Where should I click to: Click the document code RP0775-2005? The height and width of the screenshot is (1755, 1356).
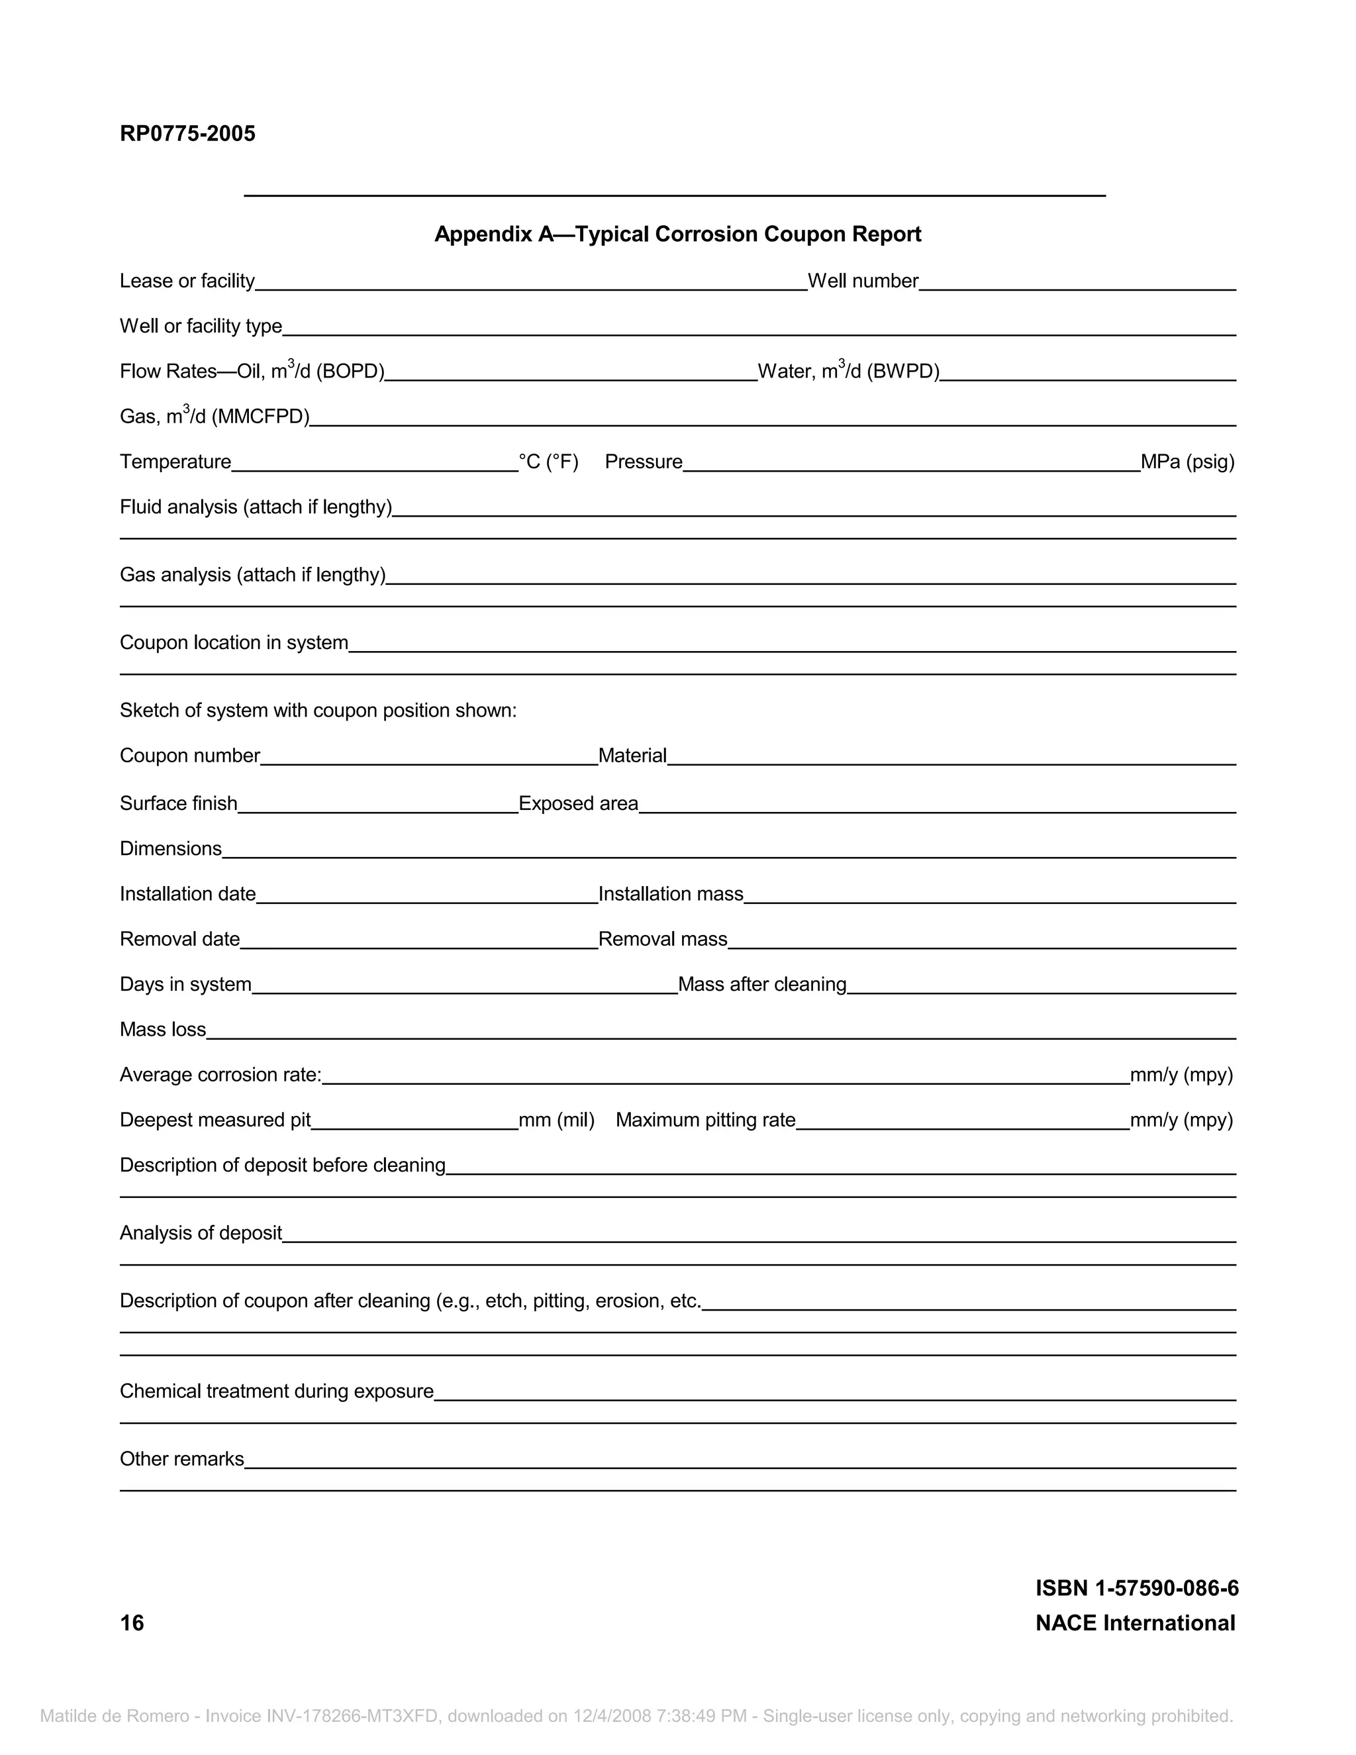pyautogui.click(x=187, y=133)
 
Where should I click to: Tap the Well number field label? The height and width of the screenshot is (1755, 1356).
pyautogui.click(x=863, y=281)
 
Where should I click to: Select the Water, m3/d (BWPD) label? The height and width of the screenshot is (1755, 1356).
pyautogui.click(x=848, y=372)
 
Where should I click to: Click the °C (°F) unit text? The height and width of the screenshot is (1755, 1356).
pyautogui.click(x=549, y=462)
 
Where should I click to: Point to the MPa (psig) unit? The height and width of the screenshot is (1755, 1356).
pyautogui.click(x=1187, y=462)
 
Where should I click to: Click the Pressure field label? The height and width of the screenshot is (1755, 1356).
pyautogui.click(x=644, y=462)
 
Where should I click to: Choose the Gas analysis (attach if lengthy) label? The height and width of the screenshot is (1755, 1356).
pyautogui.click(x=252, y=575)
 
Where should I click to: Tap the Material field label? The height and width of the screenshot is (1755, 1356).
pyautogui.click(x=632, y=756)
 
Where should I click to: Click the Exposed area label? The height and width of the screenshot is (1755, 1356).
pyautogui.click(x=579, y=803)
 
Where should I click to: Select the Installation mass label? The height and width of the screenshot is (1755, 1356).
pyautogui.click(x=671, y=893)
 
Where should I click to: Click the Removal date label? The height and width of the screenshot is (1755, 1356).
pyautogui.click(x=180, y=939)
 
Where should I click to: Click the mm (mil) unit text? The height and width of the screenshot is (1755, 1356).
pyautogui.click(x=557, y=1120)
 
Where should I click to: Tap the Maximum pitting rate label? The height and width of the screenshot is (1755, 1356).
pyautogui.click(x=705, y=1120)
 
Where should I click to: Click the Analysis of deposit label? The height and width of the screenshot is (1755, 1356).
pyautogui.click(x=201, y=1232)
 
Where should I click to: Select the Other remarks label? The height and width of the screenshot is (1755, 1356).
pyautogui.click(x=181, y=1458)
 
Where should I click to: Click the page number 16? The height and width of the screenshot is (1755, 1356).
pyautogui.click(x=132, y=1623)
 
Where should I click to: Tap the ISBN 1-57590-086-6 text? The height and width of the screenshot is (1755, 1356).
pyautogui.click(x=1137, y=1588)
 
